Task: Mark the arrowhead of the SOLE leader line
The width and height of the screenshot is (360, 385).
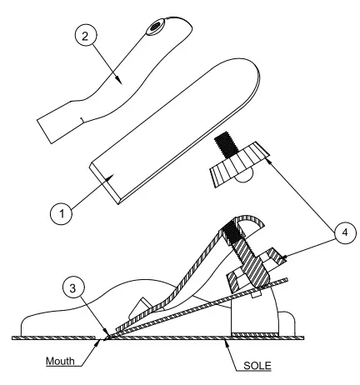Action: coord(230,337)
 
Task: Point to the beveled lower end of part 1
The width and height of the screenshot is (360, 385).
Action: coord(112,184)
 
